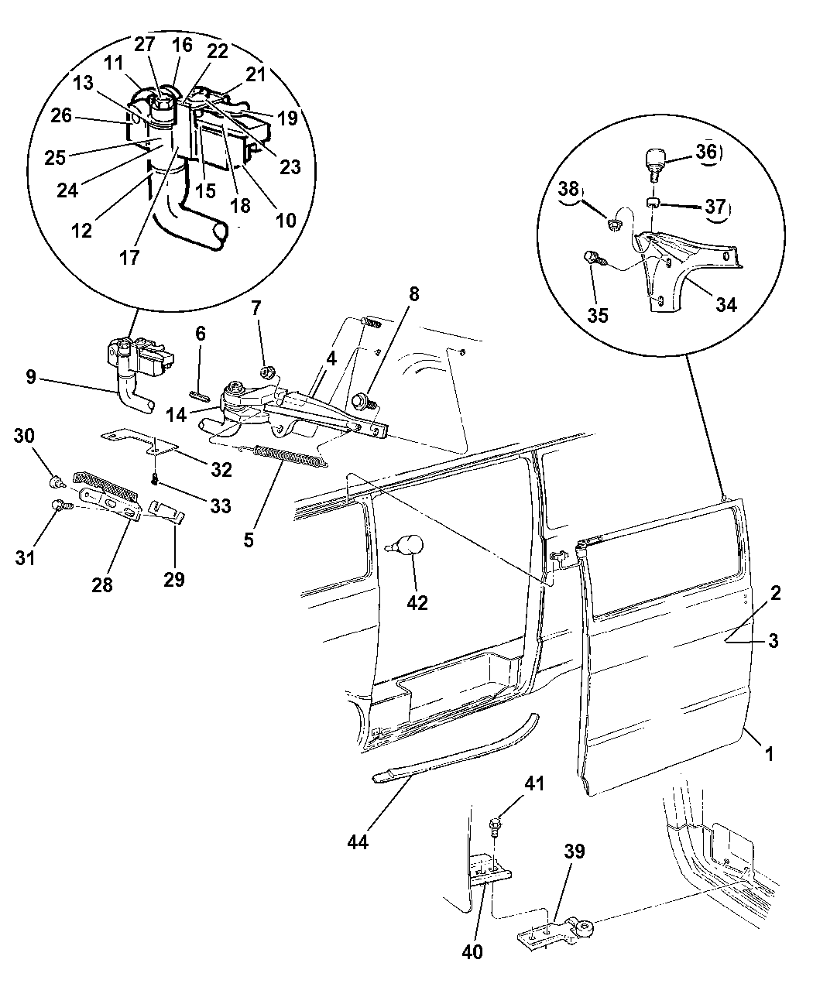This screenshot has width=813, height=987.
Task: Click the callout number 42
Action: [417, 602]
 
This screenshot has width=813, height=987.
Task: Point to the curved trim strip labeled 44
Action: [457, 749]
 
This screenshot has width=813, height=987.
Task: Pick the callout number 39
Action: [575, 852]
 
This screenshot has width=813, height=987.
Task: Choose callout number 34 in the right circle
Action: [726, 304]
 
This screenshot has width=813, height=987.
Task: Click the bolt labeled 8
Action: [361, 402]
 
